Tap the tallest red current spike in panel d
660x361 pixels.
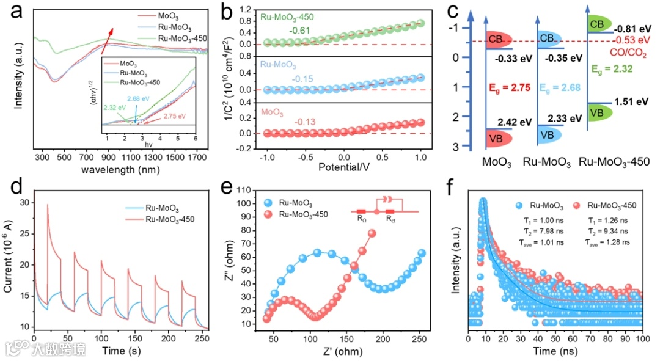point(48,205)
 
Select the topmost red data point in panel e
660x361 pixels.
point(371,233)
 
